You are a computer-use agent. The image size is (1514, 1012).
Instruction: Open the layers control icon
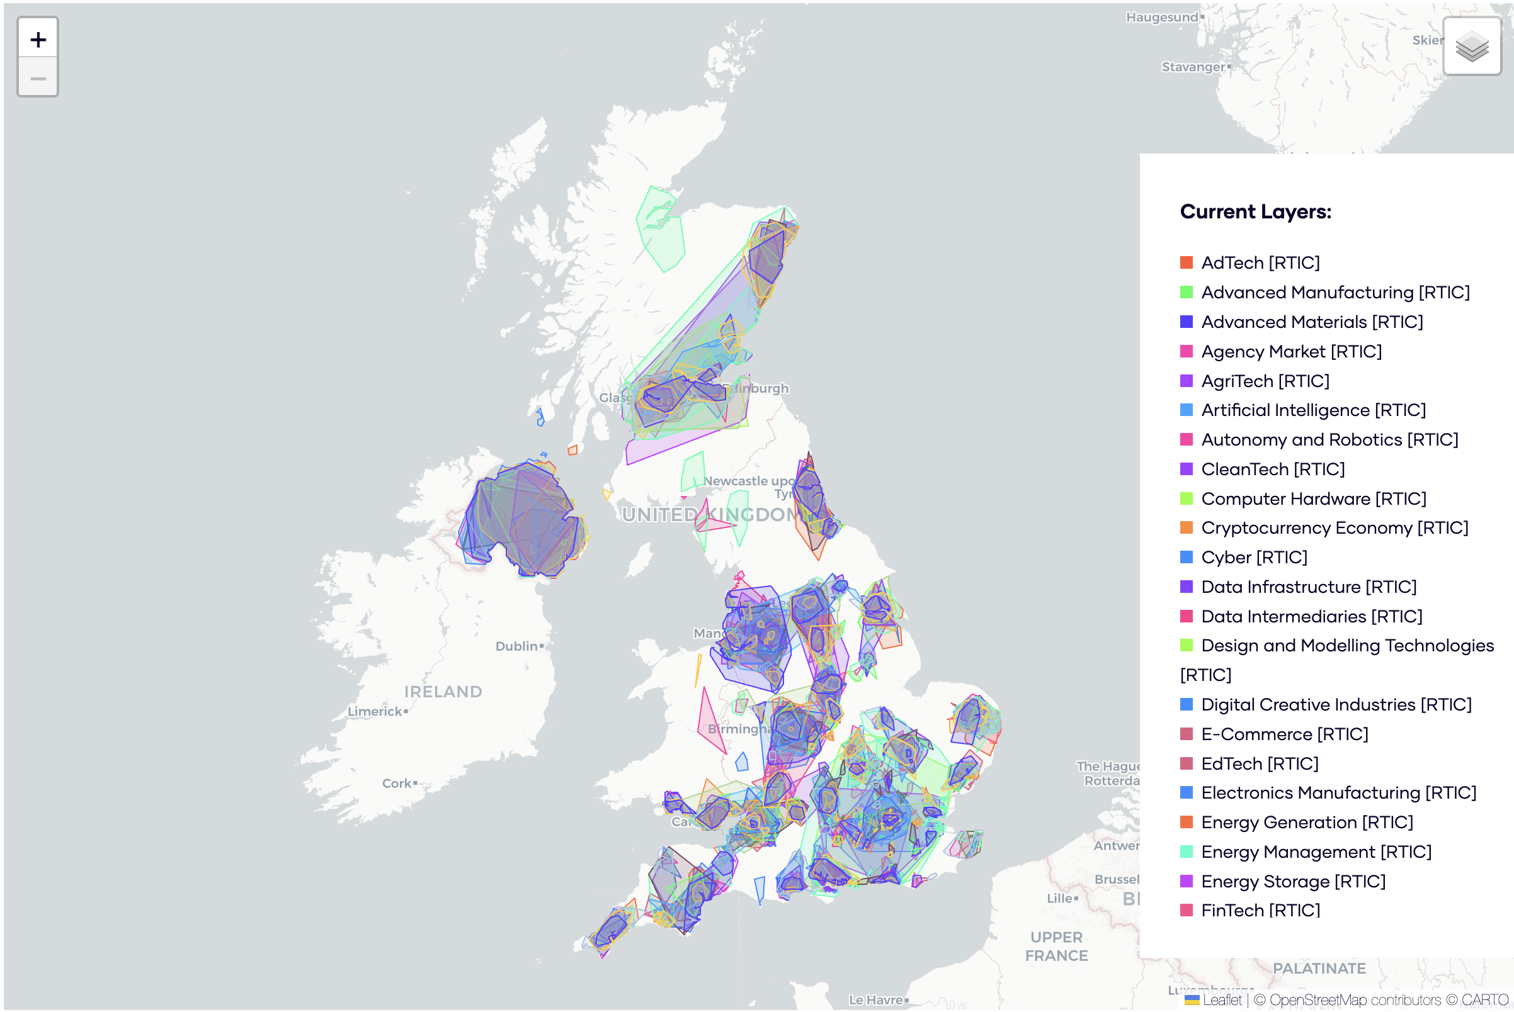click(1471, 47)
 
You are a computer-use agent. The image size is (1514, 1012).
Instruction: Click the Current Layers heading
click(1255, 211)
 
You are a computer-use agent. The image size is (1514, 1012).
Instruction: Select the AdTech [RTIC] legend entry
click(1260, 262)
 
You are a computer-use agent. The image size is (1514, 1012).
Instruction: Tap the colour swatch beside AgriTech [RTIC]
click(1186, 381)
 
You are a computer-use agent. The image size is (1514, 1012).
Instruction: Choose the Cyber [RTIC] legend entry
click(1253, 557)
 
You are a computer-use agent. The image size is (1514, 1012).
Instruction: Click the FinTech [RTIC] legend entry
click(1260, 910)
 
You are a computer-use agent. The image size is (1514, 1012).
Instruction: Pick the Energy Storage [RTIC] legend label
click(1292, 881)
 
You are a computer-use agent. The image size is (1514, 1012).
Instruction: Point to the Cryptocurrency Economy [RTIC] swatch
click(1186, 528)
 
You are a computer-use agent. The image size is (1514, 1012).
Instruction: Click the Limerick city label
click(375, 711)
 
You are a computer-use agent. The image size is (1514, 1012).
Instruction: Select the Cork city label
click(397, 783)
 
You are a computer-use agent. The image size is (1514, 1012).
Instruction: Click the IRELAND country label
click(443, 692)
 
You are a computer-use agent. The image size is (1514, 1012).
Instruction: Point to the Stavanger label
click(1192, 67)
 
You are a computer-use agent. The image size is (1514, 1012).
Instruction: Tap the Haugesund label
click(1161, 18)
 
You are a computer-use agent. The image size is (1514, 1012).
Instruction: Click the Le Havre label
click(875, 1000)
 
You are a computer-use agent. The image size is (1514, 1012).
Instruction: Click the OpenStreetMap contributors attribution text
click(1354, 1000)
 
